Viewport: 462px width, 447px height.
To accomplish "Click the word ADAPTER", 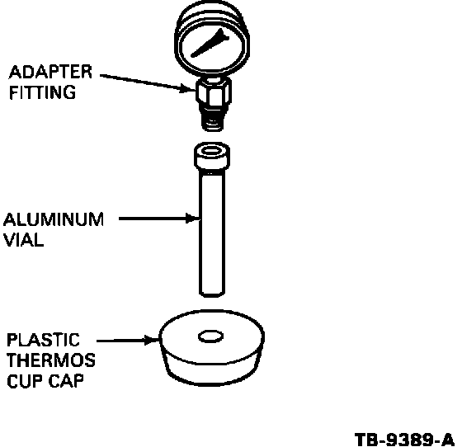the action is [x=50, y=72].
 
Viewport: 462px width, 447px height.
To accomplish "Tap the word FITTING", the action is [x=42, y=92].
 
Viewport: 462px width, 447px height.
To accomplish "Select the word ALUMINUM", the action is [x=54, y=219].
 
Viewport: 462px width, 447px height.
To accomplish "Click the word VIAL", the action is [x=24, y=240].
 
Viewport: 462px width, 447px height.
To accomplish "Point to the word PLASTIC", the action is [x=43, y=340].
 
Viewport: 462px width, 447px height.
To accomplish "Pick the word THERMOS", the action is [x=51, y=360].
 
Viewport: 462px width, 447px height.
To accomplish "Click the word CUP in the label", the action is [x=25, y=381].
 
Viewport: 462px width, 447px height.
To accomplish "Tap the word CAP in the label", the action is [x=66, y=381].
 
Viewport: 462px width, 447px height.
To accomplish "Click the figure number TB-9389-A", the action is [x=404, y=440].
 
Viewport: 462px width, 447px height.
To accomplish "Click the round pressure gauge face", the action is [x=212, y=46].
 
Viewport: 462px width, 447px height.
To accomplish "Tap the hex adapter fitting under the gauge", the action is [x=213, y=92].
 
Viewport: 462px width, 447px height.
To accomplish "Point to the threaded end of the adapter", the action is [x=213, y=119].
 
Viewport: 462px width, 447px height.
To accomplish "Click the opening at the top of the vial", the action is [x=211, y=151].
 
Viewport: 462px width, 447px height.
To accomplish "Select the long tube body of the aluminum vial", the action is [x=212, y=233].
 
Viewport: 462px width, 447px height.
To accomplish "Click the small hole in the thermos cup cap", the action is [x=210, y=336].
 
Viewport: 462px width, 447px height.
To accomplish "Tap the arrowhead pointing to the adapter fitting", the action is [x=188, y=87].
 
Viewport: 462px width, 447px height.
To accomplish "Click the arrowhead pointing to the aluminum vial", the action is [x=193, y=219].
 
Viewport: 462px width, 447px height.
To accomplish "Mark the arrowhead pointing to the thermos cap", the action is [x=151, y=340].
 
